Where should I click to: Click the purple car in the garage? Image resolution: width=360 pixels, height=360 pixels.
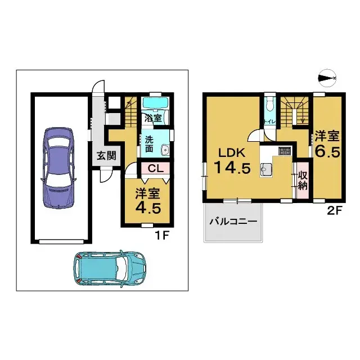point(58,168)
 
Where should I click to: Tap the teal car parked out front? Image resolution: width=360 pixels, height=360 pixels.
point(110,268)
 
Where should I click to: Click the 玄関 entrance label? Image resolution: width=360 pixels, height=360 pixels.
point(105,156)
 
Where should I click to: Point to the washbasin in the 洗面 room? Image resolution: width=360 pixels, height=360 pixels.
point(165,150)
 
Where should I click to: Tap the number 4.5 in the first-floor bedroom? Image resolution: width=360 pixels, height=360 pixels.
point(147,206)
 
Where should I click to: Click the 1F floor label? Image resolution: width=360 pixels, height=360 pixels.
point(163,236)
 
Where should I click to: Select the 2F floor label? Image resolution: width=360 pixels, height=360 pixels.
point(333,213)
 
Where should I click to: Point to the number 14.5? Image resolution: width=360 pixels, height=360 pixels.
point(231,168)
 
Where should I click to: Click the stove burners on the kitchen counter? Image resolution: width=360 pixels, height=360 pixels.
point(283,151)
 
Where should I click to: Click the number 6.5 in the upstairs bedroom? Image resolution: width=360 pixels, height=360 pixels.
point(327,152)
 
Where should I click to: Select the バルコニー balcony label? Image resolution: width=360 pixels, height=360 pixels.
point(233,222)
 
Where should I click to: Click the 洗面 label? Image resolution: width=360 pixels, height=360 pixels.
point(149,144)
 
